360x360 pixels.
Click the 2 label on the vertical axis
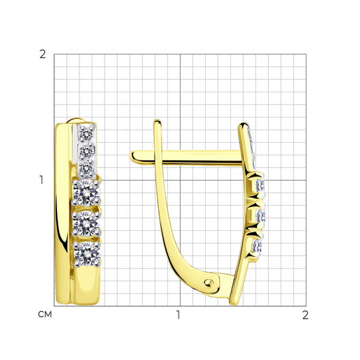click(x=43, y=54)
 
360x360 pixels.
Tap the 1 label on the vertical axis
click(x=41, y=180)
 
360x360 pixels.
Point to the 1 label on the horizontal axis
click(x=178, y=315)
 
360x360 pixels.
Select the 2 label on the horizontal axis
click(x=305, y=315)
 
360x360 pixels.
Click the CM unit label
click(x=45, y=314)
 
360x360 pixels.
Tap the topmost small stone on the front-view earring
click(x=86, y=133)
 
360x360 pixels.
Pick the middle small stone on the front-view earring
click(x=86, y=151)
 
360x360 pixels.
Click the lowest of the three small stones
click(x=86, y=168)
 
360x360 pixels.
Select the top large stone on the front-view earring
click(x=86, y=193)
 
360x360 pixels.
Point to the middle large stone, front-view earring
click(x=86, y=223)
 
